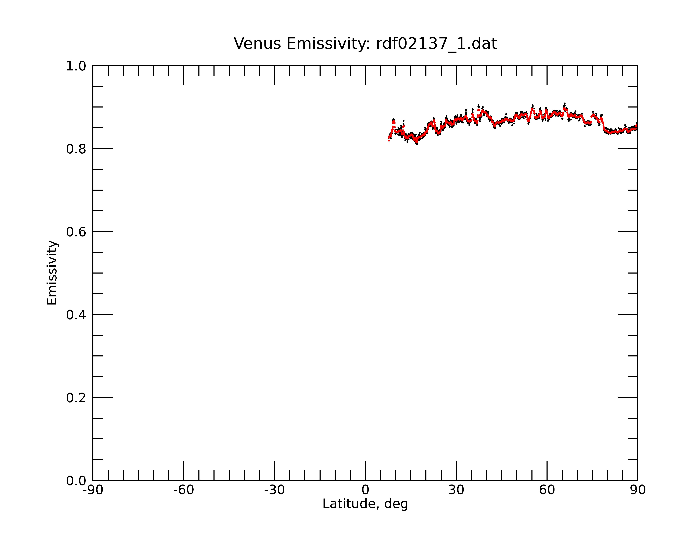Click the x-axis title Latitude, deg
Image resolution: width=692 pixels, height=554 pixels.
(365, 504)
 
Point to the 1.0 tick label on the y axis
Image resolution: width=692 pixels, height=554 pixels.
(76, 66)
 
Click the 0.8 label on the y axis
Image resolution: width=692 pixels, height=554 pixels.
(76, 149)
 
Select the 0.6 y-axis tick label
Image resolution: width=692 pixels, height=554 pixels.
(76, 232)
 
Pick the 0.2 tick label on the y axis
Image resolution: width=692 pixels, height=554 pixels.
(76, 398)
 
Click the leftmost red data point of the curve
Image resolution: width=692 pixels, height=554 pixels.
(389, 140)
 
